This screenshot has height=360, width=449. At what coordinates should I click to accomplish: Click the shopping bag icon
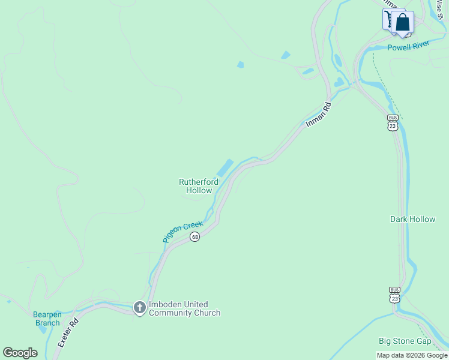(x=403, y=23)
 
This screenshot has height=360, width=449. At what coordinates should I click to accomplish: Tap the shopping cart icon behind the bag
(x=389, y=19)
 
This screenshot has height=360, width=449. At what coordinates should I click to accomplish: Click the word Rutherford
(x=199, y=181)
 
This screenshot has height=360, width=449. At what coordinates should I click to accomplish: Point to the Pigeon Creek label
(x=182, y=232)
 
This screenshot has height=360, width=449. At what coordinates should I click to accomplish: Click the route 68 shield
(x=194, y=237)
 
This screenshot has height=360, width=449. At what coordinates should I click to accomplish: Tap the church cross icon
(x=139, y=308)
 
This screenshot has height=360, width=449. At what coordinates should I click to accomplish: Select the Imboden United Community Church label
(x=184, y=308)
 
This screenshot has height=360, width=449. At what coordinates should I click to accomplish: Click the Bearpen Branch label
(x=47, y=319)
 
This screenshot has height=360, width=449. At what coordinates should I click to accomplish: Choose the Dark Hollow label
(x=412, y=219)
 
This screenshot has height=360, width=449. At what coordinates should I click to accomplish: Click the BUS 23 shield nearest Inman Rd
(x=393, y=123)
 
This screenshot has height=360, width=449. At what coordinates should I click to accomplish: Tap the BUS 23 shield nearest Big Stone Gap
(x=394, y=295)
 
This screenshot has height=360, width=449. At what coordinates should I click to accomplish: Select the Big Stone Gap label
(x=405, y=341)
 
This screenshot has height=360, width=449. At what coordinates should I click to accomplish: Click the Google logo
(x=20, y=353)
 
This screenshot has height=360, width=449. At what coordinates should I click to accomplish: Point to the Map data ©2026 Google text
(x=412, y=355)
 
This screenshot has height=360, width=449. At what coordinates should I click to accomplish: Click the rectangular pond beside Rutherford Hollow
(x=223, y=168)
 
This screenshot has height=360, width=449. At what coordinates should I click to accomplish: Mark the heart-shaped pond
(x=340, y=82)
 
